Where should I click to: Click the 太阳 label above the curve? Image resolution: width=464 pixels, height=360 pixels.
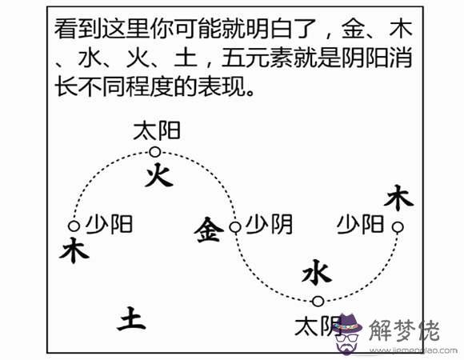point(157,130)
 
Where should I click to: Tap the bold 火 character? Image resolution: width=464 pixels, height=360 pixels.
point(159,176)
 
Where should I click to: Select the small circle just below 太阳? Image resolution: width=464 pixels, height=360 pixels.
point(154,152)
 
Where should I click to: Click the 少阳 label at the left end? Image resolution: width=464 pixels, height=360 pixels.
point(109,224)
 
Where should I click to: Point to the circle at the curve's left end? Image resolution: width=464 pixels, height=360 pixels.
point(74,226)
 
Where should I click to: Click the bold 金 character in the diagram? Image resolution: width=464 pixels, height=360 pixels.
point(209,230)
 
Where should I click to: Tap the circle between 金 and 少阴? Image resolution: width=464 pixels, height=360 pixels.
point(235,227)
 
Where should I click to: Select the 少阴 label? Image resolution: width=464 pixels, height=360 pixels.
point(270,224)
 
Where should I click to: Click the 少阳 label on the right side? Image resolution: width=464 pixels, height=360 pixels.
point(361,224)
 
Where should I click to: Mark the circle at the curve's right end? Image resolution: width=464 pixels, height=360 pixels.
point(398,227)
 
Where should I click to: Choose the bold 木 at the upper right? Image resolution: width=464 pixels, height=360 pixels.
point(398,197)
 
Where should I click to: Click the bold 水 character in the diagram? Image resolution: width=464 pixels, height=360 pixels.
point(317,272)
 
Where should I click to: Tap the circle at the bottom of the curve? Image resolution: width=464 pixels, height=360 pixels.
point(318,301)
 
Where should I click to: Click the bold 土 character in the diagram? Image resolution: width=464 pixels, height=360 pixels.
point(131,319)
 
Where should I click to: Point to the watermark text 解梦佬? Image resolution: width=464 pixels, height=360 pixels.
point(404,330)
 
